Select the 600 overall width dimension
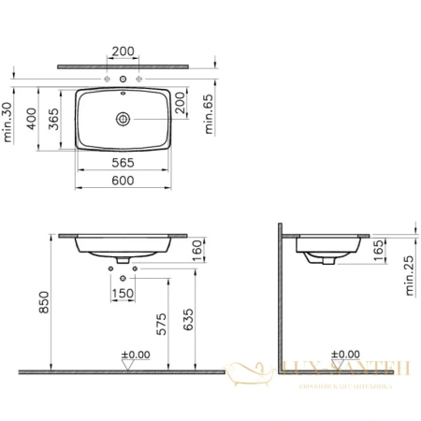pos(123,179)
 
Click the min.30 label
pos(8,123)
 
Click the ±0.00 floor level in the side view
pos(346,355)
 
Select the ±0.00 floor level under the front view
pos(137,355)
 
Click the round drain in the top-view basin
pos(123,119)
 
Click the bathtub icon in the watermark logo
pos(253,375)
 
